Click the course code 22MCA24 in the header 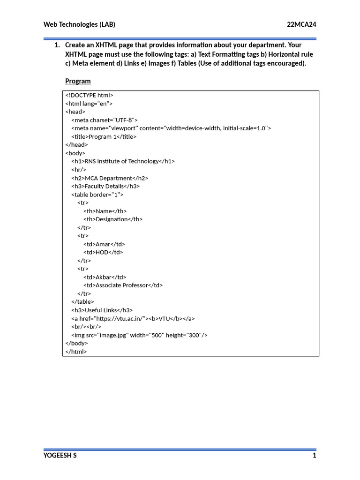coord(301,24)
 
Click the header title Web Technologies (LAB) coord(79,24)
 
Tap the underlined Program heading coord(78,81)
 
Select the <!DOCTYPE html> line coord(90,95)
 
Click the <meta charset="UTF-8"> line coord(105,120)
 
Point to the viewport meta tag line coord(171,128)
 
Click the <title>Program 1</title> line coord(104,136)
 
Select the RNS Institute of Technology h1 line coord(123,161)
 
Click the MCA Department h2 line coord(110,178)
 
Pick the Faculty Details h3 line coord(105,186)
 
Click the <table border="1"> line coord(97,195)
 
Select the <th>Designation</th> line coord(113,219)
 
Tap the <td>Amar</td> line coord(104,244)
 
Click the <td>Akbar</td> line coord(105,277)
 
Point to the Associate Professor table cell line coord(123,285)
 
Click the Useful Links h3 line coord(102,310)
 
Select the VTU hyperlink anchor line coord(133,318)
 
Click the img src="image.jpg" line coord(139,335)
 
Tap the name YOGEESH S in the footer coord(60,456)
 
